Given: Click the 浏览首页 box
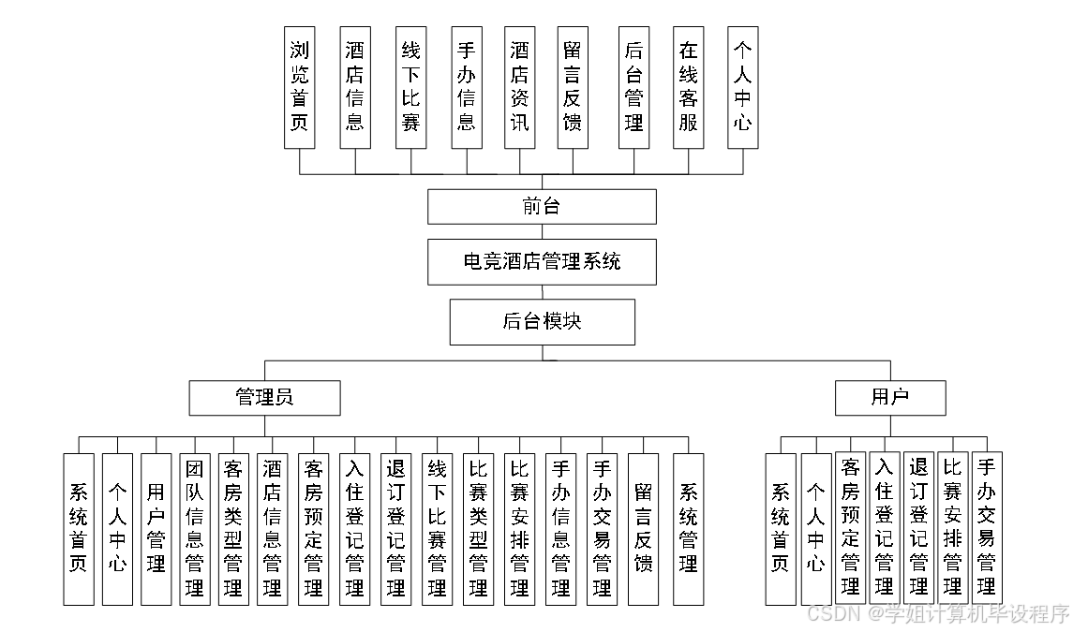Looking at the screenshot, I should click(x=300, y=87).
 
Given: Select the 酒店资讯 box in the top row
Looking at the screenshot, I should click(x=519, y=87).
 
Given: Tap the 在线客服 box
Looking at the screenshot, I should click(x=689, y=87).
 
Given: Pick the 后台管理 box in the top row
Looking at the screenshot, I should click(x=634, y=87).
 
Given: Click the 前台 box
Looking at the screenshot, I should click(x=542, y=207).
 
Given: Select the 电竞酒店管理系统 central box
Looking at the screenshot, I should click(x=542, y=262).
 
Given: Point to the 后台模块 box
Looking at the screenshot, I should click(x=542, y=322).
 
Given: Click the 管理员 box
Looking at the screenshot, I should click(x=263, y=398).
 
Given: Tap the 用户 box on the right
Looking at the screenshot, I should click(x=890, y=398).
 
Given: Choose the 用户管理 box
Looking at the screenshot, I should click(x=156, y=529).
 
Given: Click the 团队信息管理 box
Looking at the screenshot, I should click(x=195, y=529).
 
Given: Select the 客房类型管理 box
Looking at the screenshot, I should click(x=233, y=529).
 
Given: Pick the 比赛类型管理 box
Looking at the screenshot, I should click(x=478, y=529).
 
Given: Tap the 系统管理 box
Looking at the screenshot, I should click(x=689, y=529).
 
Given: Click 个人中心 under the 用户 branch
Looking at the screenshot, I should click(x=816, y=529).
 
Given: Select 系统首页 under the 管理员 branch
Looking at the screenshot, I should click(x=79, y=529).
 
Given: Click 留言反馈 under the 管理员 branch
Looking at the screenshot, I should click(x=643, y=529).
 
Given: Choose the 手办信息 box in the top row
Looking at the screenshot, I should click(x=466, y=87).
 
